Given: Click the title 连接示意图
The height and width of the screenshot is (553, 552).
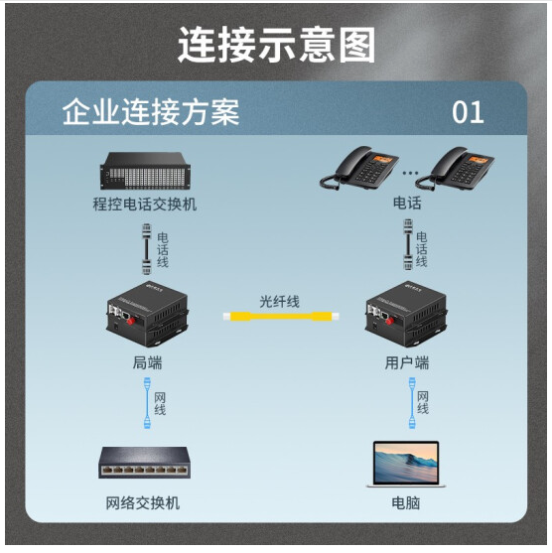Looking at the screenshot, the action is click(276, 45).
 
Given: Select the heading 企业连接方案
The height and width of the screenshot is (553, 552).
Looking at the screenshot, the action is click(151, 112).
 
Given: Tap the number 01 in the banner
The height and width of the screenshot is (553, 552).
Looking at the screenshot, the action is click(468, 112).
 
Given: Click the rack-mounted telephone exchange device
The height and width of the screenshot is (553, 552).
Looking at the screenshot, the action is click(145, 171).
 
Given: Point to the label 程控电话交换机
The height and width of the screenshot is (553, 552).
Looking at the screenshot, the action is click(145, 205).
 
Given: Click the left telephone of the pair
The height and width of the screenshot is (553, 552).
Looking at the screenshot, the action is click(359, 168).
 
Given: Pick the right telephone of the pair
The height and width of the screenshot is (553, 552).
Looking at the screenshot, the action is click(455, 169).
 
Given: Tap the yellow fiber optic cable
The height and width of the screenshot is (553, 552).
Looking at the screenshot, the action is click(281, 316).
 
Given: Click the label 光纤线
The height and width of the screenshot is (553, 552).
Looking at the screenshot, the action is click(279, 302).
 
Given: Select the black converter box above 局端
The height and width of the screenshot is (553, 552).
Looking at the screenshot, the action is click(148, 314).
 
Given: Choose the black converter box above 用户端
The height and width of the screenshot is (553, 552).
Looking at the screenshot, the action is click(407, 314).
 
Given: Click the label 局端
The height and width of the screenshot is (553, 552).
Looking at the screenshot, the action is click(148, 362).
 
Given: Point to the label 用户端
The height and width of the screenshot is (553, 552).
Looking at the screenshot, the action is click(407, 362).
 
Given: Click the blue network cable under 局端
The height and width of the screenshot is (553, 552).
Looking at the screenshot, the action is click(147, 403).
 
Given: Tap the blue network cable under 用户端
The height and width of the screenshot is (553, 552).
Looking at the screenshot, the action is click(412, 403).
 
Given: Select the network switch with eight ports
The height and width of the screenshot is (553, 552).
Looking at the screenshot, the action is click(144, 463).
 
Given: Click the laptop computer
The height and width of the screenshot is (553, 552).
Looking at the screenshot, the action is click(406, 464).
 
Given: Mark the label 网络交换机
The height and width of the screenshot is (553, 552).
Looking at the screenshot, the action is click(143, 503).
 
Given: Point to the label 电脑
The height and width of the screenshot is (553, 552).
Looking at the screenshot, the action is click(406, 503).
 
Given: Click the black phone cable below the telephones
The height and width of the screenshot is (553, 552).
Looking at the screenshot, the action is click(408, 244).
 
